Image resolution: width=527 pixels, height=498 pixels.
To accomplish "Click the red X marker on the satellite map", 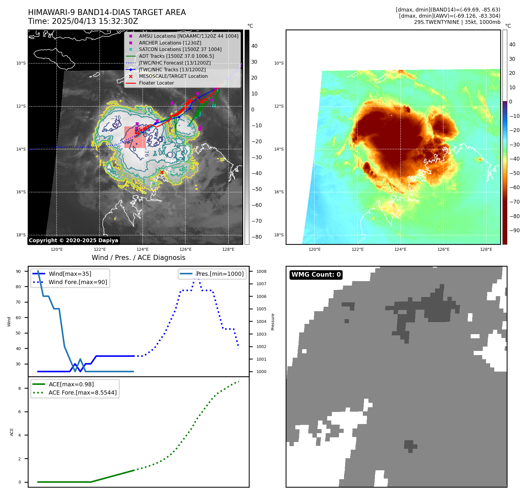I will [x=162, y=172].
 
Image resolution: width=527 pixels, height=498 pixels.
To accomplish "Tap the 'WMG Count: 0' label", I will [x=316, y=275].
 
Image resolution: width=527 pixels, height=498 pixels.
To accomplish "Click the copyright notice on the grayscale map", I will [x=73, y=240].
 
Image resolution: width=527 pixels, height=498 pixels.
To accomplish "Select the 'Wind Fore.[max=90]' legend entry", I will [x=78, y=282].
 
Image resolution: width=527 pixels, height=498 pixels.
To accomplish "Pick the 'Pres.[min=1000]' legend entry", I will [x=220, y=274].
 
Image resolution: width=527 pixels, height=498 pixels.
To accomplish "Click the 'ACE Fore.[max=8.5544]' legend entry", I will [x=83, y=393].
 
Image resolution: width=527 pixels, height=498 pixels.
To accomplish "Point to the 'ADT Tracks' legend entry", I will [x=176, y=56].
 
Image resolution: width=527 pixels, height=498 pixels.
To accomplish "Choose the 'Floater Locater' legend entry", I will [x=156, y=83].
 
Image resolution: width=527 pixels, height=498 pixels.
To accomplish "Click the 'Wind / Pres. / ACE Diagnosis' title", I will [x=139, y=258].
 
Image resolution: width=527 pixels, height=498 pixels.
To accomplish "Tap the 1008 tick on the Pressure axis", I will [x=261, y=271].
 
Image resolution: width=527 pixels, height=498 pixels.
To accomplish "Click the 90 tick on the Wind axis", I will [x=18, y=271].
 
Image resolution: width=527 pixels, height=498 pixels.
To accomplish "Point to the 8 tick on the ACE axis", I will [x=19, y=388].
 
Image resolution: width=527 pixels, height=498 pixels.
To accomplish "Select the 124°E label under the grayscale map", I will [x=142, y=249].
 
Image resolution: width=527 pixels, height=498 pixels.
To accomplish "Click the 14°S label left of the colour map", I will [x=279, y=149].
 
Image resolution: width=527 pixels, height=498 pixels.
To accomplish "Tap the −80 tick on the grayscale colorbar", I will [x=256, y=237].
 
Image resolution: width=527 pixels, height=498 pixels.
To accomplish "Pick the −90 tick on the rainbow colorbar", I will [x=514, y=230].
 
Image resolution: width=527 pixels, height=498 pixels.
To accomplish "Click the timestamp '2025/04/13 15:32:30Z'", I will [x=95, y=21].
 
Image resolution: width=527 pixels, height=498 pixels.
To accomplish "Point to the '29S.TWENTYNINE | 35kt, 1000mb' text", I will [x=457, y=22].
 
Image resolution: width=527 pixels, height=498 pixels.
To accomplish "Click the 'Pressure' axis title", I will [x=273, y=322].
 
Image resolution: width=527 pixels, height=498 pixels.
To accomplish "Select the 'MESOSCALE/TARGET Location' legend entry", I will [x=173, y=76].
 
